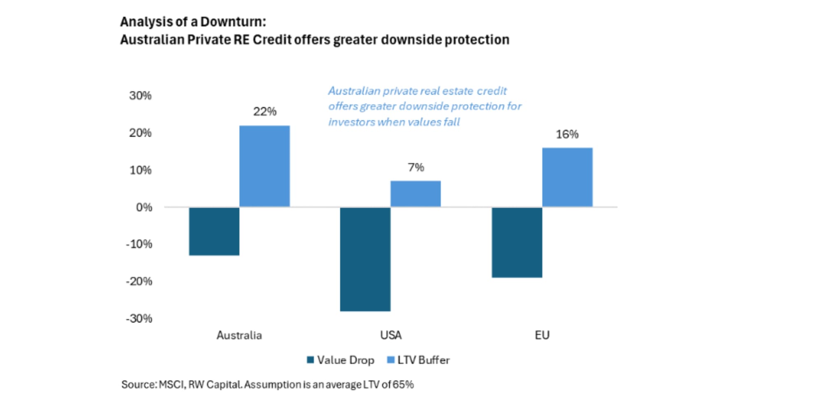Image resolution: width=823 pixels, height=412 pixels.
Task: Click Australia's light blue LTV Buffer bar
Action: click(x=264, y=166)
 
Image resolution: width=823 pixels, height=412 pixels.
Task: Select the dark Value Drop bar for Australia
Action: click(x=214, y=231)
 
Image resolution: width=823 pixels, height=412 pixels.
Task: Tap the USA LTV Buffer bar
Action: click(x=415, y=194)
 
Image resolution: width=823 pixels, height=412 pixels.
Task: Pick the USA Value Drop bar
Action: click(x=365, y=259)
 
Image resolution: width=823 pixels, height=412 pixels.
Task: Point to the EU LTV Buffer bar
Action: click(x=567, y=177)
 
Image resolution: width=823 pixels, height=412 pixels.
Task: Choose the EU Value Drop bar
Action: click(x=517, y=242)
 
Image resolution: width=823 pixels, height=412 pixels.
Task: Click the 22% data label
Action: click(x=265, y=112)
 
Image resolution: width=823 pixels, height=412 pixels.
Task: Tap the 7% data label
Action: click(x=416, y=167)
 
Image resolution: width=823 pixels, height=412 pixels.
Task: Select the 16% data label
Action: click(x=567, y=134)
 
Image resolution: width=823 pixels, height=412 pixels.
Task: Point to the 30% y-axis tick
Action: click(x=140, y=96)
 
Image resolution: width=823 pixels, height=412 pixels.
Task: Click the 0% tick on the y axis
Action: click(x=144, y=207)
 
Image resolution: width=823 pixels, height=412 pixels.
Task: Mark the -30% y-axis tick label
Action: click(x=139, y=318)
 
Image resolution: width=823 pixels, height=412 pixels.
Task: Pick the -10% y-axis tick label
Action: click(x=139, y=244)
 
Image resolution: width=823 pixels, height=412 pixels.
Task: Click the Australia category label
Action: click(x=239, y=335)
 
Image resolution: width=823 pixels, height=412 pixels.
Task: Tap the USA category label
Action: click(x=391, y=335)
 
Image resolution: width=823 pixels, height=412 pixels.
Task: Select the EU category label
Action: click(x=542, y=335)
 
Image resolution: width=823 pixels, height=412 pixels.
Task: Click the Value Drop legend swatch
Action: click(x=310, y=360)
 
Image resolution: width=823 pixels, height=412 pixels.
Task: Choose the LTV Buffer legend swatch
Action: click(x=391, y=360)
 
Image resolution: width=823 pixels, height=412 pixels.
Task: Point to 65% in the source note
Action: click(x=403, y=385)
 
